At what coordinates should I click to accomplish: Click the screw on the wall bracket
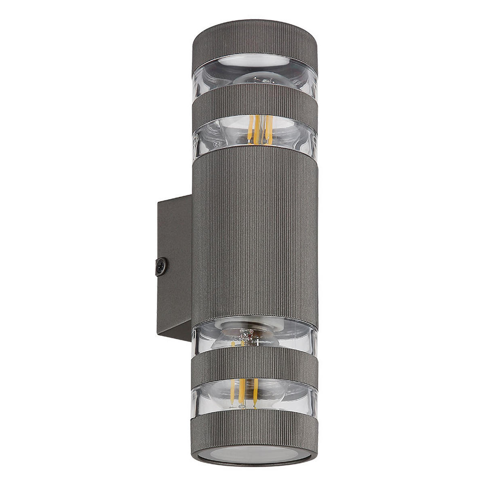coord(161,267)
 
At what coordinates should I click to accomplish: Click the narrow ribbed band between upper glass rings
coord(255,103)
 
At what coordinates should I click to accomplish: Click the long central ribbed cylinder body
coord(255,234)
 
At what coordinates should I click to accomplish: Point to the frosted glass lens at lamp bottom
coord(255,455)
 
